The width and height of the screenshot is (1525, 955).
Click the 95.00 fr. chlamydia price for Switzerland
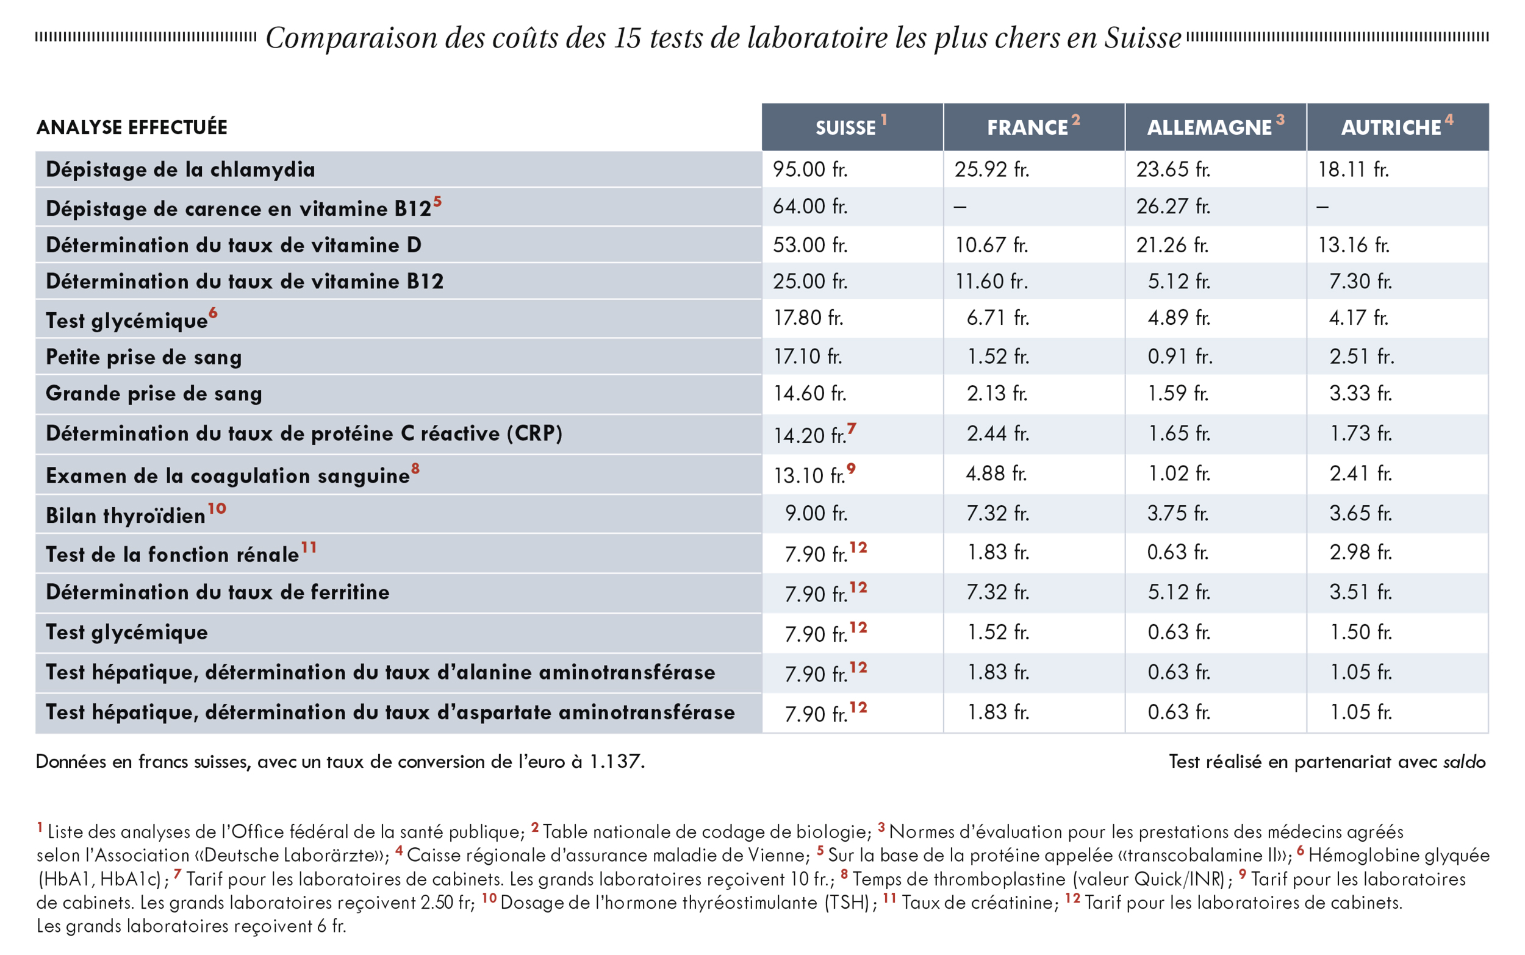coord(809,169)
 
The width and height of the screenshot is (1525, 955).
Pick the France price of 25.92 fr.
coord(992,169)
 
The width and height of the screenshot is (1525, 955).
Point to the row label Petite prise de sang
coord(143,358)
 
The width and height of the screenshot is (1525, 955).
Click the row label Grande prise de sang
coord(154,394)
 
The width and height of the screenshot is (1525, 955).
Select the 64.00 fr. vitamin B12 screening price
coord(809,207)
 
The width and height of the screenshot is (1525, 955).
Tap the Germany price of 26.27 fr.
coord(1173,207)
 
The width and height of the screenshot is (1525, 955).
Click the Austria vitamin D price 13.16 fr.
coord(1354,244)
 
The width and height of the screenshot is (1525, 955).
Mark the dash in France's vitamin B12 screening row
coord(960,207)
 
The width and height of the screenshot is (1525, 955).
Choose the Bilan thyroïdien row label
coord(126,516)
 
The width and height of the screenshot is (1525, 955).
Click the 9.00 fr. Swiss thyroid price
coord(816,513)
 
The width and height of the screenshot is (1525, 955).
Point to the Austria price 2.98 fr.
coord(1361,552)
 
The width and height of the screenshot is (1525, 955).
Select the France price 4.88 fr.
coord(997,473)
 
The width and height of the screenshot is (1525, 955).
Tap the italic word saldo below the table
coord(1465,761)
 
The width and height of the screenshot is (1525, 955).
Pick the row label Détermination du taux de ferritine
coord(217,592)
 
